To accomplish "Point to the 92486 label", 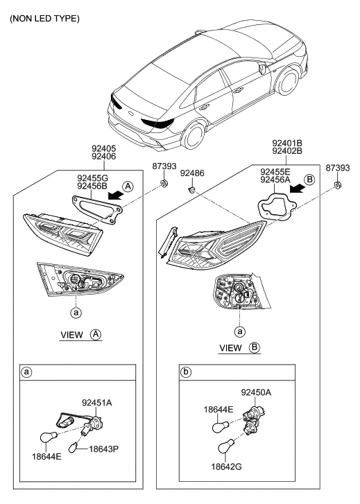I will [x=192, y=173].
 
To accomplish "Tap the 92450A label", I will [x=256, y=392].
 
